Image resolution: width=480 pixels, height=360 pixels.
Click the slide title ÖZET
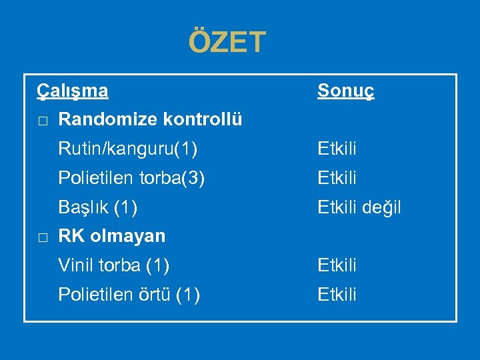click(x=227, y=42)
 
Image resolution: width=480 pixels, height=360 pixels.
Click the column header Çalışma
click(x=73, y=89)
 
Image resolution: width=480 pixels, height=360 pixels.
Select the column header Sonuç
click(x=345, y=90)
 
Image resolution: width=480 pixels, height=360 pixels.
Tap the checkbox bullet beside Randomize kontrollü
click(x=42, y=121)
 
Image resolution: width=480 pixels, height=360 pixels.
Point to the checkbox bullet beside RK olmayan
click(x=42, y=237)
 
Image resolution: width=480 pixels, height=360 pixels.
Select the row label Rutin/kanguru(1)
click(x=127, y=149)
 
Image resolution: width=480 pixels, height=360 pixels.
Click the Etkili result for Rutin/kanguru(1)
click(x=337, y=149)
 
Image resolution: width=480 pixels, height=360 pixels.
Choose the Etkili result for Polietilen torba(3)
click(x=337, y=178)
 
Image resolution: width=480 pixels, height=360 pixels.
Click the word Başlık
click(x=83, y=207)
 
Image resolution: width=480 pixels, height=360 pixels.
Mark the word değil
click(x=382, y=207)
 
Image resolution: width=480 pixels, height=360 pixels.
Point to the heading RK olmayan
click(x=112, y=236)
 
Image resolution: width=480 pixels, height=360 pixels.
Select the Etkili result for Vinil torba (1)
click(x=337, y=265)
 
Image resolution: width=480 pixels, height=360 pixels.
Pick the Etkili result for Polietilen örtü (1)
click(x=337, y=294)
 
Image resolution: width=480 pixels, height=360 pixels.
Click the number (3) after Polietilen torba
click(x=193, y=178)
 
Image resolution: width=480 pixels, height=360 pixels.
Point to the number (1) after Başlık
click(x=126, y=207)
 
